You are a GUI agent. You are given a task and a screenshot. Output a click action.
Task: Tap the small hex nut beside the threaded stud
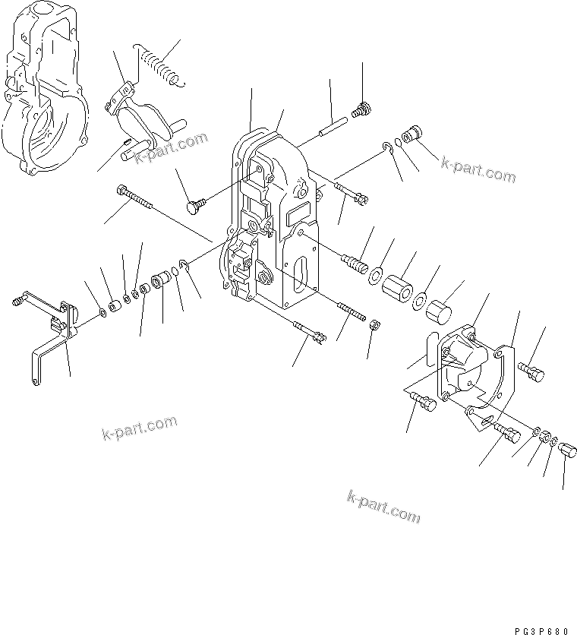tap(374, 325)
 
